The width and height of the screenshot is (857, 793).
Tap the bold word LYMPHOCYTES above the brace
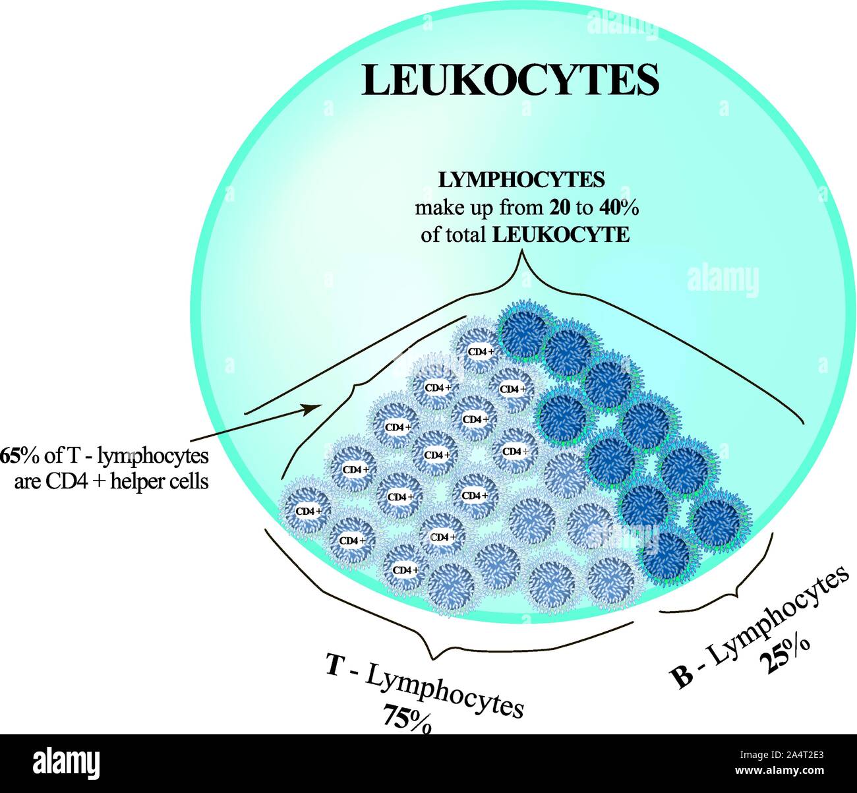coord(522,179)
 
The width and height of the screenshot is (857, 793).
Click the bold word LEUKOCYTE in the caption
coord(560,235)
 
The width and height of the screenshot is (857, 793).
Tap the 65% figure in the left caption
coord(15,455)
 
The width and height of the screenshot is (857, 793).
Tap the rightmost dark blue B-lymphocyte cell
coord(718,521)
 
